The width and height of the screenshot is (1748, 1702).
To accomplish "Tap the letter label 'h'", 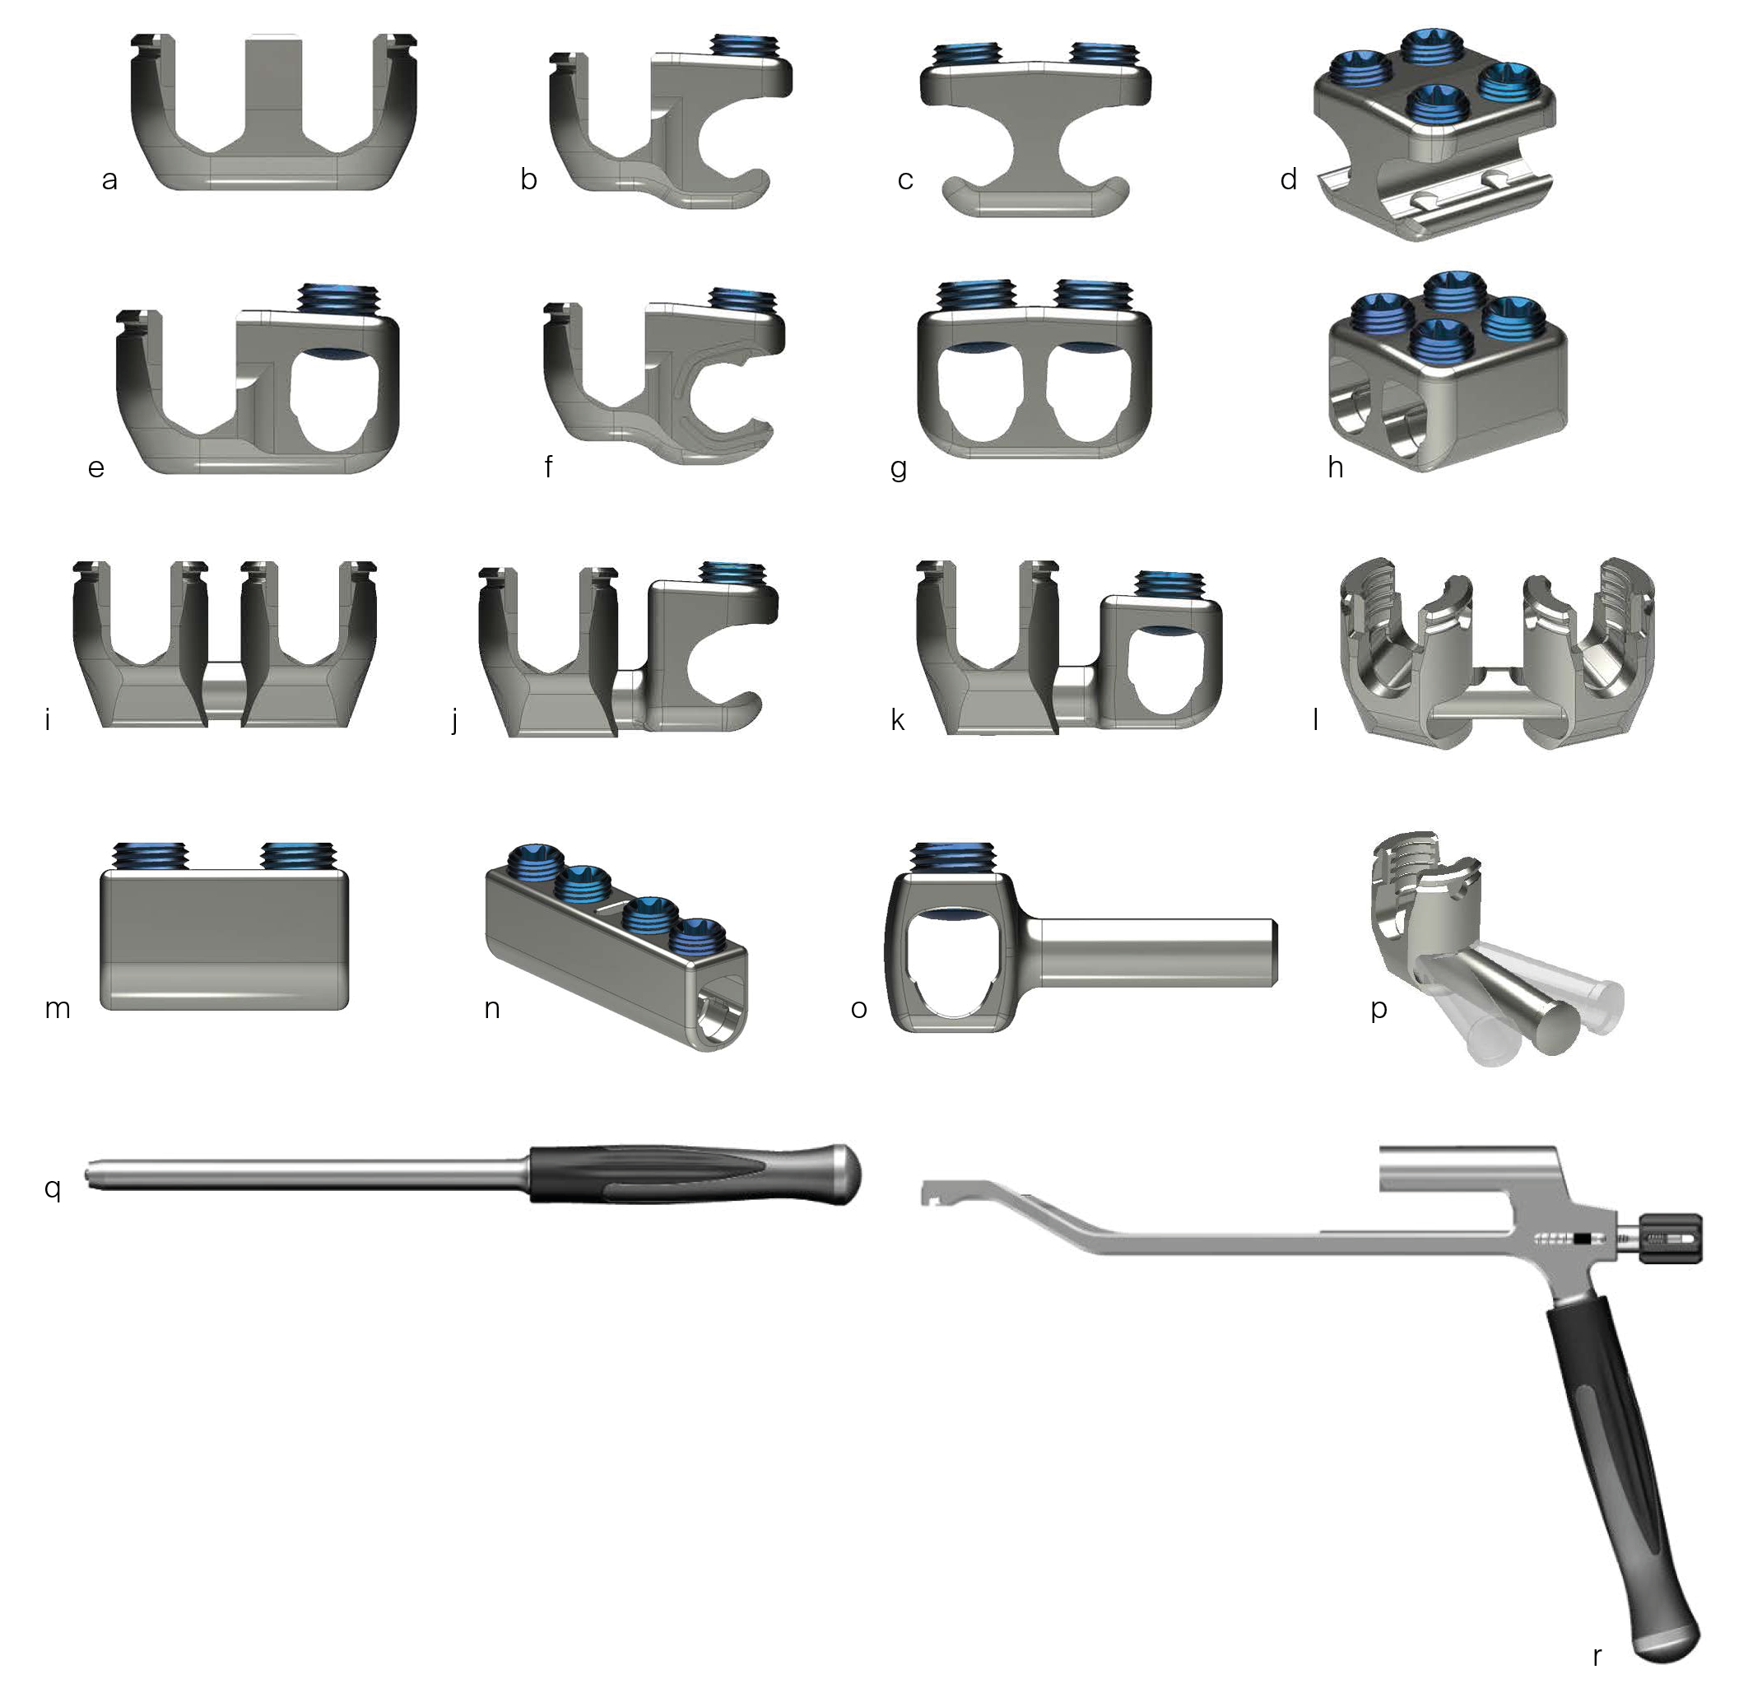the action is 1335,466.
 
